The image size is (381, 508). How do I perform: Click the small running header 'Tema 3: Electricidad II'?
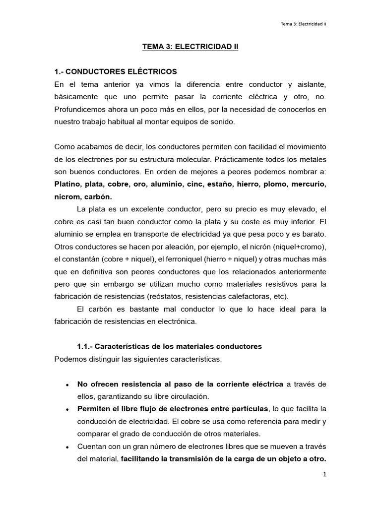pos(303,24)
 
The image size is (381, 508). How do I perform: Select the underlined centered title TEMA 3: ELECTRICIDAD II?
pos(190,48)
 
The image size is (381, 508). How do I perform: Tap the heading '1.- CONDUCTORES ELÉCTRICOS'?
pos(115,72)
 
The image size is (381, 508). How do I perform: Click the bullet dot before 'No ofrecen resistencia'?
pos(67,385)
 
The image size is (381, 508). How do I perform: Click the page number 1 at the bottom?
pos(324,475)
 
